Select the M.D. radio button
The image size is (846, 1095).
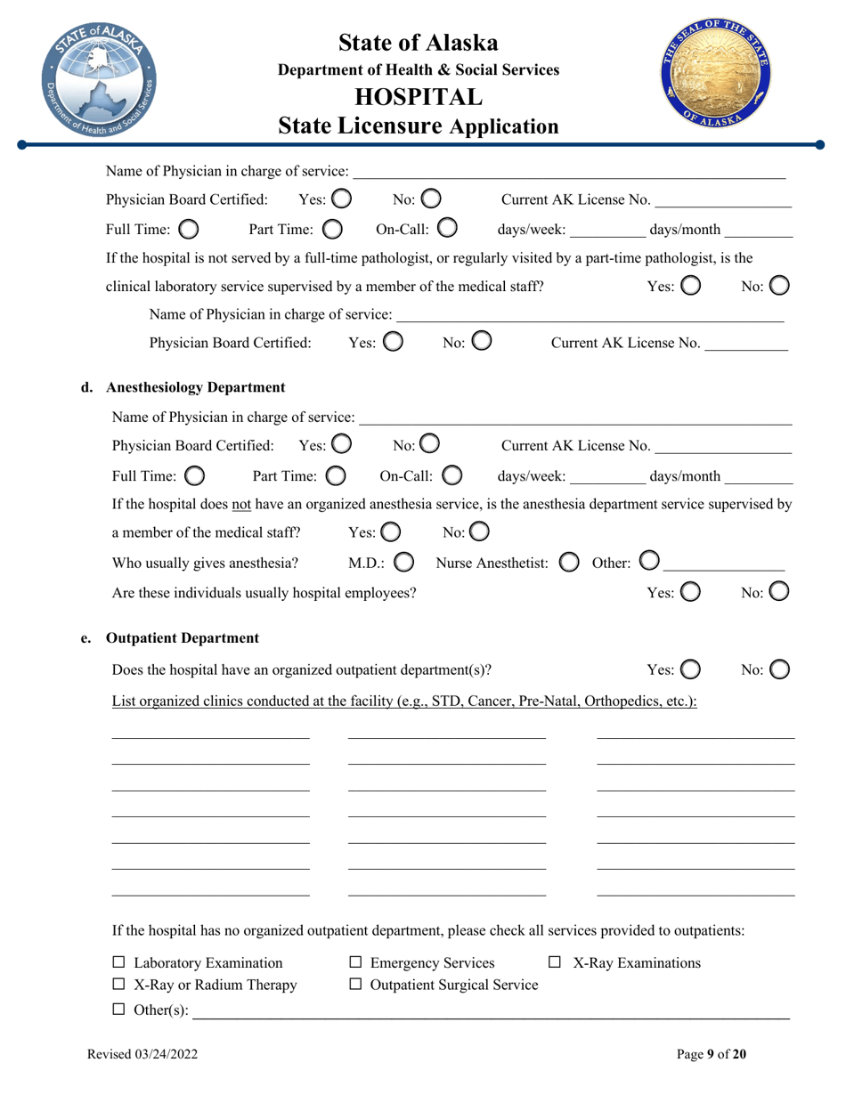pos(403,563)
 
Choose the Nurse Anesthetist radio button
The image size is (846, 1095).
pos(567,563)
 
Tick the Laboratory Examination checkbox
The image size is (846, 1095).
pos(119,962)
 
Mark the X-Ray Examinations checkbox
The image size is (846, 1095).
pos(555,962)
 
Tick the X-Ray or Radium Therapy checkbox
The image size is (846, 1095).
pos(119,985)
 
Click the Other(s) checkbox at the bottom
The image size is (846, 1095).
pos(119,1010)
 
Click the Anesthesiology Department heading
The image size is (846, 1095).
pos(195,387)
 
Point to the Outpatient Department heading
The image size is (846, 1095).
pos(183,638)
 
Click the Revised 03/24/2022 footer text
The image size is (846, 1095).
pos(142,1055)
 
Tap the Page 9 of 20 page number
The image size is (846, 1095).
pos(712,1055)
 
